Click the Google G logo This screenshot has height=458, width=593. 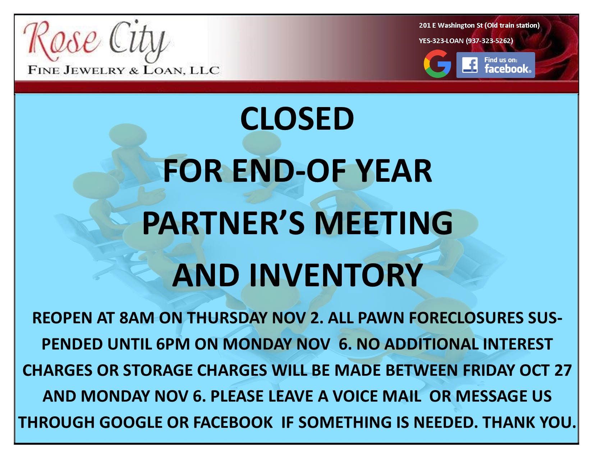[x=437, y=64]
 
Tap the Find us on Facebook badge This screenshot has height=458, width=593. [x=496, y=65]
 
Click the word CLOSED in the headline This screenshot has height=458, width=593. [x=297, y=119]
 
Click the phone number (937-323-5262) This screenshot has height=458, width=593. [x=489, y=41]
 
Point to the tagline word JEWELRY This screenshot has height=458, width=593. [x=94, y=70]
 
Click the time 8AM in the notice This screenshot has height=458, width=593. [x=137, y=318]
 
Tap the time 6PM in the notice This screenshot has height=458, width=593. [x=173, y=344]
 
